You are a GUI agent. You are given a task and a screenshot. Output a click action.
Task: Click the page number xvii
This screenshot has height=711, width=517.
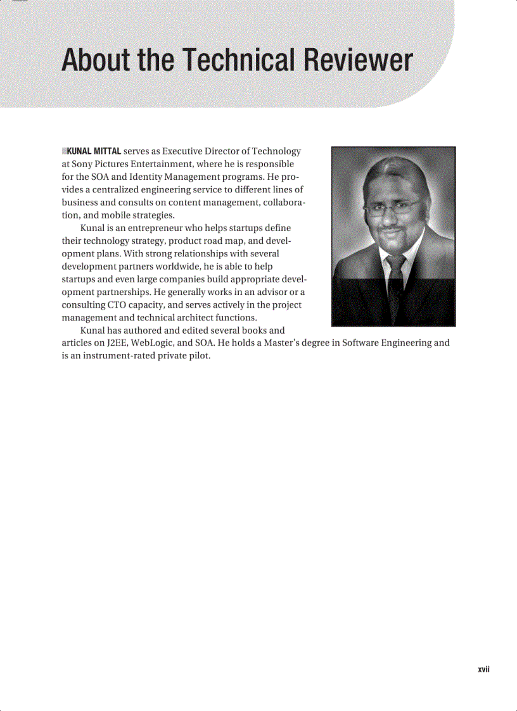click(485, 669)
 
